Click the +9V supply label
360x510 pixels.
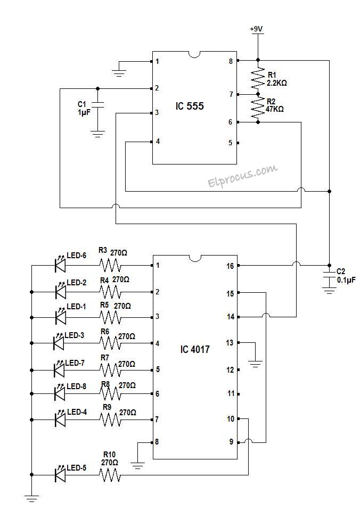(257, 29)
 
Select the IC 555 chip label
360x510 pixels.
(190, 106)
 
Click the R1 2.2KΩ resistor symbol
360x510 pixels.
(258, 78)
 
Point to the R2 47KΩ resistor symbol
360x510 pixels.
(258, 108)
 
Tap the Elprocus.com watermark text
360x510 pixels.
(242, 176)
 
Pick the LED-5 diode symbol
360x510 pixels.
(60, 474)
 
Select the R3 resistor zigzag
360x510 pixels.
(109, 265)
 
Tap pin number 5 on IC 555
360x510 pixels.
(230, 143)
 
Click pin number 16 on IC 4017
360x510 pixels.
(230, 265)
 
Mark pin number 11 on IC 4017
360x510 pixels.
(230, 394)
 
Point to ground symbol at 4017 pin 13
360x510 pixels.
(256, 363)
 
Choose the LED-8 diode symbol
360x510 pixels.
(60, 393)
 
